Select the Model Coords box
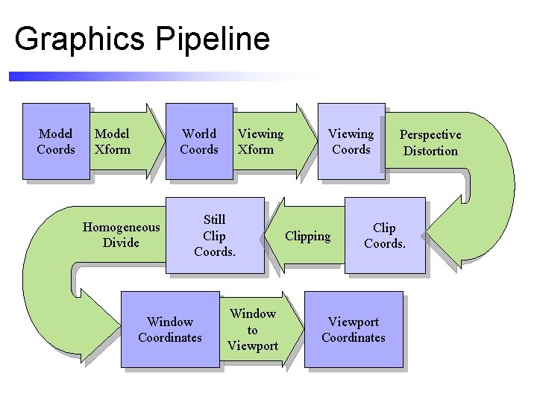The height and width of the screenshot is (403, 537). [x=56, y=141]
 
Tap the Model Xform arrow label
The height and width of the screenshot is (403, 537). [x=113, y=141]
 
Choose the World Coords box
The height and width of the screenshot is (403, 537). [x=199, y=141]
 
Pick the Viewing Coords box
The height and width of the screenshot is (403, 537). [x=351, y=141]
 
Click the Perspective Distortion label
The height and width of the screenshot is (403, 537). [x=430, y=143]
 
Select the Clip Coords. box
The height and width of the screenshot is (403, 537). [x=385, y=236]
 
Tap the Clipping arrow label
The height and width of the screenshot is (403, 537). [x=308, y=237]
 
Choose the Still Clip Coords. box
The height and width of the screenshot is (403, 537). [x=215, y=235]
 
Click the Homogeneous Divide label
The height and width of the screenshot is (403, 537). [x=121, y=235]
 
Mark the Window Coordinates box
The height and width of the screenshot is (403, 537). [x=169, y=330]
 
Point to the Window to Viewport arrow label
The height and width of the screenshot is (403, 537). [x=253, y=330]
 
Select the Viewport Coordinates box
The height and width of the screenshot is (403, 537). [x=354, y=330]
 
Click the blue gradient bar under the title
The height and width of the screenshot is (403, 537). [x=149, y=76]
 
